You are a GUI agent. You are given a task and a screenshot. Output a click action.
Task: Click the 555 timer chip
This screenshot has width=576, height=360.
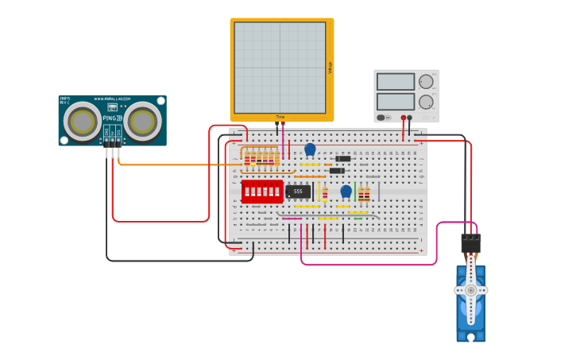coord(298,192)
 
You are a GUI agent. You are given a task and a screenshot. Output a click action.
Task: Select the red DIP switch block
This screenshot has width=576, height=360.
coord(262,191)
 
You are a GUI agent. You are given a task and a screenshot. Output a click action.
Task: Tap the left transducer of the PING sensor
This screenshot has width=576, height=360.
coord(83,122)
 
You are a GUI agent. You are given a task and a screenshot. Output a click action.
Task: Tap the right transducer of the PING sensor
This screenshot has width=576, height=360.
coord(142,122)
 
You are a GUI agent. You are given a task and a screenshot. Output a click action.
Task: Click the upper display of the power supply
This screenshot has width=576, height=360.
coord(396,82)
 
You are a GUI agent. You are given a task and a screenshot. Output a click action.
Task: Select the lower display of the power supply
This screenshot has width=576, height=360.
coord(396,102)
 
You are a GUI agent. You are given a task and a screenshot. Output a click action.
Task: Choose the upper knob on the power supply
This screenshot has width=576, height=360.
coord(427,81)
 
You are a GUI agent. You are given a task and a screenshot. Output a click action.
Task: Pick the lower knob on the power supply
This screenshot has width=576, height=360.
coord(427,102)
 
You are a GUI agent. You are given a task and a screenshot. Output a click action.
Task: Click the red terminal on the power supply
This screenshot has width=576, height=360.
coord(404,118)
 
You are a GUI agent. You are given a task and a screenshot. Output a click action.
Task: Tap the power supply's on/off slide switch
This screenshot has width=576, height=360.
coord(382,118)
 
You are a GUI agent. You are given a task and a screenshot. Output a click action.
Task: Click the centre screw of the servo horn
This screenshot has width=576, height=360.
coord(471,290)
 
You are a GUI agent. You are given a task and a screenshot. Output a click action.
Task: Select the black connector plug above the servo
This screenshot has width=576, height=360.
coord(470,242)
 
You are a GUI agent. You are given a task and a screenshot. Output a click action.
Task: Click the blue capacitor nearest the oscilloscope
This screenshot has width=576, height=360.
coord(310,149)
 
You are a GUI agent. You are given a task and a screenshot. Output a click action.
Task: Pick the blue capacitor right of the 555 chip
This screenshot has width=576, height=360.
coord(346,191)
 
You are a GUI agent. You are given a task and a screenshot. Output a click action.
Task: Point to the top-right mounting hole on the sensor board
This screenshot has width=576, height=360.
coord(160,101)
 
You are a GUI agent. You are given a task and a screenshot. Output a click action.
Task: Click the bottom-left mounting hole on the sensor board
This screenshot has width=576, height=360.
coord(64,141)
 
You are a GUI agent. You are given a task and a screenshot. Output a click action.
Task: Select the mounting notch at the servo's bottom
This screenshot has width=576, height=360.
coord(471,337)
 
